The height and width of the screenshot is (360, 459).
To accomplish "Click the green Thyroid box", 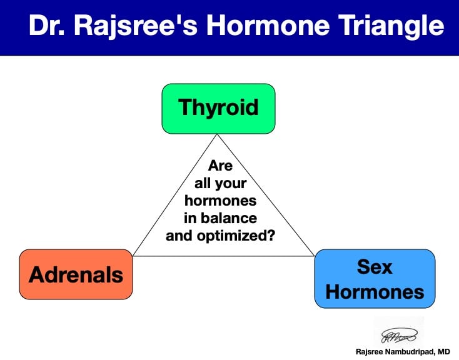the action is tap(218, 109).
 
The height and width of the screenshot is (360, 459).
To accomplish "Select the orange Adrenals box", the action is tap(76, 274).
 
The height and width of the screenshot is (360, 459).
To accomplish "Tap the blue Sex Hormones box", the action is tap(375, 279).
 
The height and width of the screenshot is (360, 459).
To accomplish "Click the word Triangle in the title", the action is tap(391, 26).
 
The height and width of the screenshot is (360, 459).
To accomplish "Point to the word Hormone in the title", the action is tap(268, 25).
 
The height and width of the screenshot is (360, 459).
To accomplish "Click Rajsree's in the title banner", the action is tap(136, 26).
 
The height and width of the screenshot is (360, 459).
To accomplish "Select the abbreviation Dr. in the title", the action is tap(47, 25).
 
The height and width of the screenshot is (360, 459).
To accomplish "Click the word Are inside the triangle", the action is tap(220, 166).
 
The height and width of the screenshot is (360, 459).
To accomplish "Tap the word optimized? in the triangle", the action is tap(236, 236).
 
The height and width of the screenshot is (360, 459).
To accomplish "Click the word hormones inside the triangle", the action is tap(220, 201).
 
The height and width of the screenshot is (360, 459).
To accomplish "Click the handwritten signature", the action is tap(399, 335).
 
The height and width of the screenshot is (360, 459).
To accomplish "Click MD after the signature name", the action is tap(444, 351).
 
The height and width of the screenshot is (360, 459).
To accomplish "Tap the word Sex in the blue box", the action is tap(375, 267).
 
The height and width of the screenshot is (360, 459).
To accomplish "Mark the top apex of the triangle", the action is tap(217, 134).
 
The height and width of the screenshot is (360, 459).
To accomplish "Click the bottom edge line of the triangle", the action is tap(223, 256).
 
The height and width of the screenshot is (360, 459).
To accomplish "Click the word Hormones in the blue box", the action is tap(375, 292).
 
